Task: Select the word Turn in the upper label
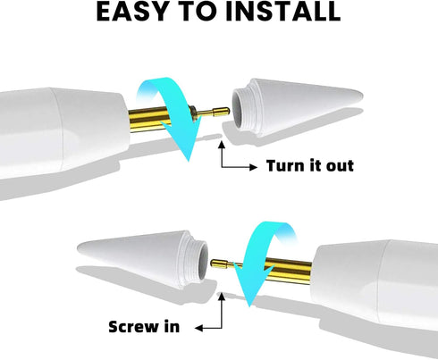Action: click(x=284, y=165)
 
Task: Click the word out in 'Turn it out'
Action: click(x=340, y=166)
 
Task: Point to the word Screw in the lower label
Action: click(x=134, y=327)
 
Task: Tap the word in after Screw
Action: click(x=173, y=326)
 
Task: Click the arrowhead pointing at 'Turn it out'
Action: click(x=254, y=167)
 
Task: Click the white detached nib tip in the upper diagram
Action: click(x=297, y=107)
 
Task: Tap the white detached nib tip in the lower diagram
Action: click(x=143, y=258)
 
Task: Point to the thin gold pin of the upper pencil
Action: click(x=213, y=113)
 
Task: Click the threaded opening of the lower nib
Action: click(x=198, y=261)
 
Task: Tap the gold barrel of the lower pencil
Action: click(x=286, y=272)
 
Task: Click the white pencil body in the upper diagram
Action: click(x=64, y=131)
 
